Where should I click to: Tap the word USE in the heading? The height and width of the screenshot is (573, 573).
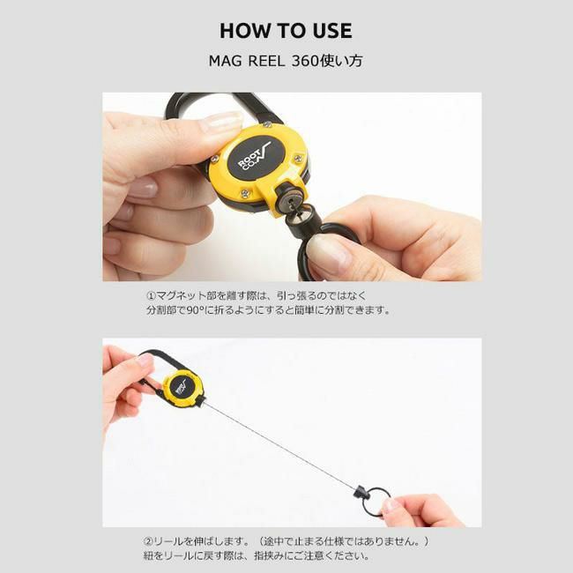[x=332, y=31]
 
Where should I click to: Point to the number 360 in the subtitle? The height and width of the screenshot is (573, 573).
[x=306, y=61]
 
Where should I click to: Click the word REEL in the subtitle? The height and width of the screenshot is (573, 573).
[x=266, y=61]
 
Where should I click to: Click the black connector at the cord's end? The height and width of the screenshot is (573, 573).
[x=360, y=492]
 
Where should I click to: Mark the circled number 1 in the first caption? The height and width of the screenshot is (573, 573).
[x=151, y=295]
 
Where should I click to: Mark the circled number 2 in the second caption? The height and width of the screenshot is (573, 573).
[x=148, y=541]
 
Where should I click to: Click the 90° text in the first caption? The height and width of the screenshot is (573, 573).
[x=198, y=310]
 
